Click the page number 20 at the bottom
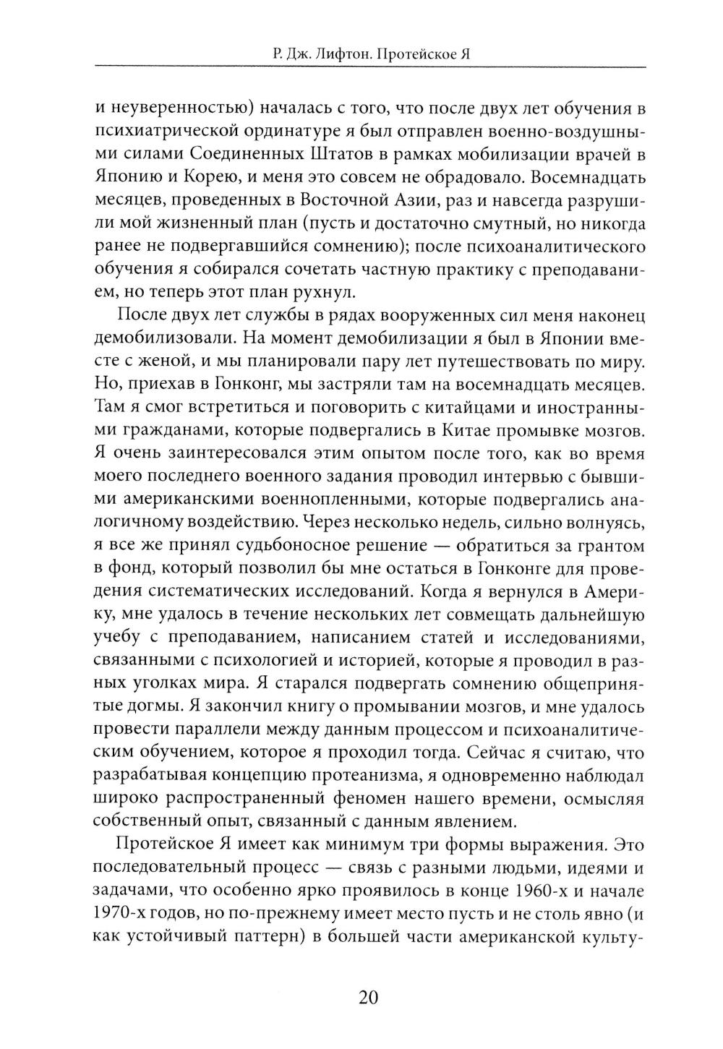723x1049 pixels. tap(367, 998)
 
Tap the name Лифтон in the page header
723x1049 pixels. tap(330, 54)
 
